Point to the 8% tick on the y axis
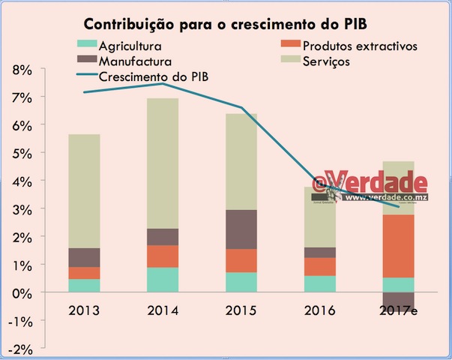tap(23, 70)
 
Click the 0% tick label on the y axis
tap(23, 292)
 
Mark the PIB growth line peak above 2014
tap(162, 83)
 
